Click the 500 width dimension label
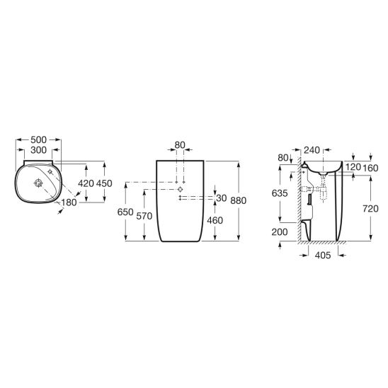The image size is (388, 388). (x=39, y=139)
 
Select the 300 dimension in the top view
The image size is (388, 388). (x=39, y=150)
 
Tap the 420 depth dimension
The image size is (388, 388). (x=86, y=183)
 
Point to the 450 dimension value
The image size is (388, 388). (x=104, y=183)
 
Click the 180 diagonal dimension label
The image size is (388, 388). (x=69, y=202)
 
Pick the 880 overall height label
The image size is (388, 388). (x=239, y=200)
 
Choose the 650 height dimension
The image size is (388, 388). (x=125, y=212)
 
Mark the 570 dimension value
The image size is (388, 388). (x=144, y=216)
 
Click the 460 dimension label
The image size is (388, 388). (x=215, y=220)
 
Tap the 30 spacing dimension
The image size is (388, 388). (x=222, y=198)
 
